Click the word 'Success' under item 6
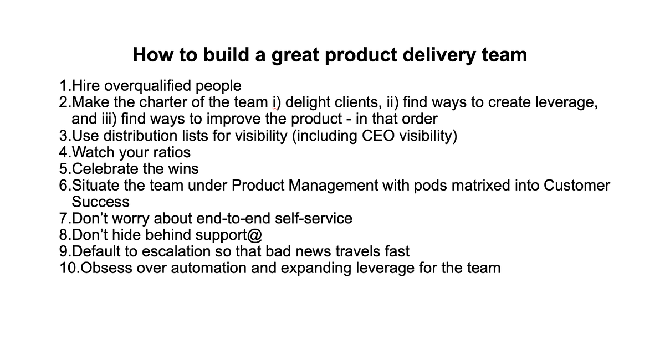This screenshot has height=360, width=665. coord(100,201)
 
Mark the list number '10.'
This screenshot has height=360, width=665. coord(69,268)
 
